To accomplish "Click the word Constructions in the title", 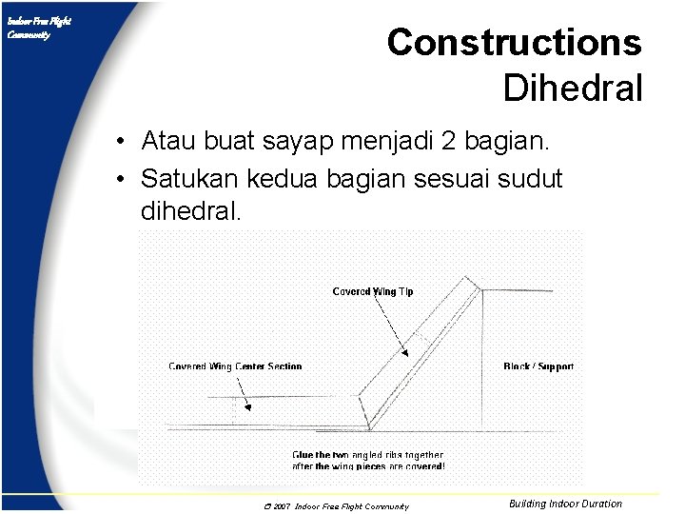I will pos(514,43).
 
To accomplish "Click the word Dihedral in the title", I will pos(573,89).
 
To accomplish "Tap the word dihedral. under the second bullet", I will pos(191,210).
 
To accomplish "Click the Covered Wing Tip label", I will pos(372,291).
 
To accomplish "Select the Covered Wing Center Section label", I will pos(235,366).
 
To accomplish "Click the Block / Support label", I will pos(538,366).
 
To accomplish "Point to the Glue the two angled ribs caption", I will pos(367,461).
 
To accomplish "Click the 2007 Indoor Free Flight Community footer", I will pos(336,506).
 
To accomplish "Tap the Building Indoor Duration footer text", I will pos(565,504).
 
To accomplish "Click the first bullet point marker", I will pos(124,143).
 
